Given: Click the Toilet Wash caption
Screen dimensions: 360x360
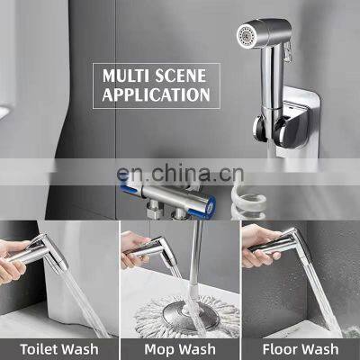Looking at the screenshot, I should [58, 347].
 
